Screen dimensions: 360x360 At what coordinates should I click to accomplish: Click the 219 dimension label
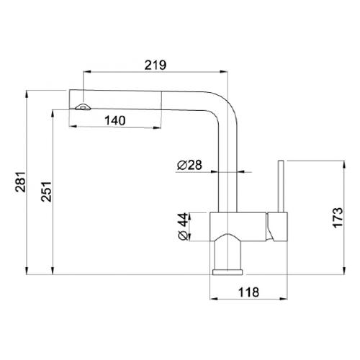point(156,65)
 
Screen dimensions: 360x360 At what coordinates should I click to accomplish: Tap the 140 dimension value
point(115,120)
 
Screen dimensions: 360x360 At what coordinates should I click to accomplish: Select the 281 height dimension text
point(20,182)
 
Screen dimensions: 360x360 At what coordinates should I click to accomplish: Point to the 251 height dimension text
point(46,192)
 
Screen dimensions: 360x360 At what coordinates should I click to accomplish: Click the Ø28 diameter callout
point(189,165)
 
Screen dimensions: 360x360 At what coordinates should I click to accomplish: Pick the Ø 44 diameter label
point(184,226)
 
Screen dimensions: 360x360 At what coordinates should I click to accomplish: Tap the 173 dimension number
point(338,218)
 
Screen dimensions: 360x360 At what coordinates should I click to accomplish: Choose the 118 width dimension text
point(248,292)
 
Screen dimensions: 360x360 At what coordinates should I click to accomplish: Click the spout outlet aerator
point(83,107)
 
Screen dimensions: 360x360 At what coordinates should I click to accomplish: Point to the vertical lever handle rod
point(282,186)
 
